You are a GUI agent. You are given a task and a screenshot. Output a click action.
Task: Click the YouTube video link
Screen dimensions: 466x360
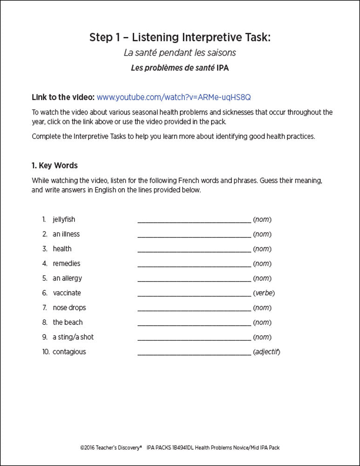pos(174,97)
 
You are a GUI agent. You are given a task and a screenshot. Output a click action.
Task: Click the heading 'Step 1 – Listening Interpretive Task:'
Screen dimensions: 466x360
pos(180,38)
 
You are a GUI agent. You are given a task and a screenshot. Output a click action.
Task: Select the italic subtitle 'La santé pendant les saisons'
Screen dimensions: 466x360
pos(180,53)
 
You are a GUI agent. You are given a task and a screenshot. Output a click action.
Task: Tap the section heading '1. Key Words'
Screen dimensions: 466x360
pos(54,165)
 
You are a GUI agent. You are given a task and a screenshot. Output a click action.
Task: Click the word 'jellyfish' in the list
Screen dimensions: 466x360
pos(64,219)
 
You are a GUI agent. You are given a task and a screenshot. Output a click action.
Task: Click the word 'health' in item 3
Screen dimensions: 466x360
pos(62,249)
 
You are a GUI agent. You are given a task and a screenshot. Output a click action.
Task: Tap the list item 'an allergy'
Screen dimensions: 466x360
pos(67,278)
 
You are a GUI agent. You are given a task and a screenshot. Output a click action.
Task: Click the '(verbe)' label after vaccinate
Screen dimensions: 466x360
pos(264,293)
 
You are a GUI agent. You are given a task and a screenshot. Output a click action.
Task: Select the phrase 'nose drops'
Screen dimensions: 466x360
pos(69,308)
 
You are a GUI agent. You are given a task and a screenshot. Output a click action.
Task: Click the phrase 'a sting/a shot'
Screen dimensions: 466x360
pos(73,337)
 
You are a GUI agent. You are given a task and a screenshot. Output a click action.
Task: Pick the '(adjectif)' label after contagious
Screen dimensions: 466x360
pos(266,352)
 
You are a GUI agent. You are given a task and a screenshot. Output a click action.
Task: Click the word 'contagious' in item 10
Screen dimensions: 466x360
pos(69,352)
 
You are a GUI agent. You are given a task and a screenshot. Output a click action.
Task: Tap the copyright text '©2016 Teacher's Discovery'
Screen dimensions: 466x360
pos(111,448)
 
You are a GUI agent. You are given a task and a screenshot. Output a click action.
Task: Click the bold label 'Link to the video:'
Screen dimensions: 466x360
pos(63,97)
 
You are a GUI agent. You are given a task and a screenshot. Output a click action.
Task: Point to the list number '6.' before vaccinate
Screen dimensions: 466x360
pos(45,293)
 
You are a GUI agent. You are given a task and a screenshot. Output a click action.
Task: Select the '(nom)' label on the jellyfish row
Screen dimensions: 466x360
pos(262,219)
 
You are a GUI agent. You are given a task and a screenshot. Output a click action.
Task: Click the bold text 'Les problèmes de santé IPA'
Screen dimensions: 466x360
pos(180,68)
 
